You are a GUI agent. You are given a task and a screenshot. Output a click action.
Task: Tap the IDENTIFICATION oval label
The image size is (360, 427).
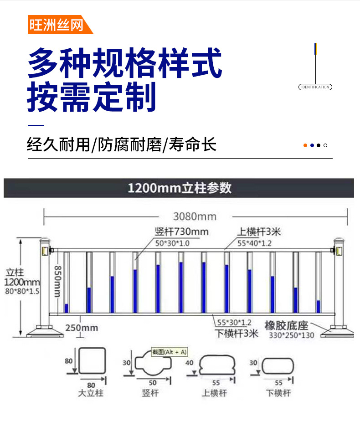[315, 87]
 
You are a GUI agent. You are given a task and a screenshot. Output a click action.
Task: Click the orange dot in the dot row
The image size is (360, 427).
[305, 145]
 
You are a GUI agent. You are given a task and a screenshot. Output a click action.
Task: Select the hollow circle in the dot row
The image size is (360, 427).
[325, 145]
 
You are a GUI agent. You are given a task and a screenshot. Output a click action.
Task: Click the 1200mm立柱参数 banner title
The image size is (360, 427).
[180, 188]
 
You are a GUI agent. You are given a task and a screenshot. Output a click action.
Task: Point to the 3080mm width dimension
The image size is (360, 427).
[195, 216]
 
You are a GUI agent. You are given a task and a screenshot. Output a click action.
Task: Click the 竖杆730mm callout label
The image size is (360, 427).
[182, 232]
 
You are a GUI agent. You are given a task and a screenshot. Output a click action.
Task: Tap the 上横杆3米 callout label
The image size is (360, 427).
[259, 232]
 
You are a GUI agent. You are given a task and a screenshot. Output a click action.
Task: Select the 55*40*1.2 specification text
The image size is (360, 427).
[254, 243]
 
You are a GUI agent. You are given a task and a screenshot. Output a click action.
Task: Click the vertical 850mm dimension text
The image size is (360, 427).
[57, 281]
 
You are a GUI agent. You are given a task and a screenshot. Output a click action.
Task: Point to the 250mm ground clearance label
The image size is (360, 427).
[82, 328]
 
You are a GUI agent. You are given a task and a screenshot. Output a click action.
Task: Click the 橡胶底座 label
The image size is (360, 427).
[287, 325]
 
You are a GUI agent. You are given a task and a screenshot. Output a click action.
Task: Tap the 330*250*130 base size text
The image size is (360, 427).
[292, 335]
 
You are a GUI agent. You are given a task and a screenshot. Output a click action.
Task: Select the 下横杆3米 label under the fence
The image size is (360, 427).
[237, 333]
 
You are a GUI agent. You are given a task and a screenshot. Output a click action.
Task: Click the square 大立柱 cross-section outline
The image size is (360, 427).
[92, 360]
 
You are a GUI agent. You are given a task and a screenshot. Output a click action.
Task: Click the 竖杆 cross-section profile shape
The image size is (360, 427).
[153, 362]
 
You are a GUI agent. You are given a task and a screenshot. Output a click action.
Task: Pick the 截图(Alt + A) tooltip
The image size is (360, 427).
[170, 352]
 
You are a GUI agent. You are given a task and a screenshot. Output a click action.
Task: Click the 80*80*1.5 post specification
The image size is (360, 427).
[22, 291]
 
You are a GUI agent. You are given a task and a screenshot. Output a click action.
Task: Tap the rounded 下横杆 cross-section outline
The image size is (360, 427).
[278, 366]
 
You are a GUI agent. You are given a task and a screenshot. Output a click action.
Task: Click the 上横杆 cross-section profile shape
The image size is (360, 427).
[217, 365]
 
